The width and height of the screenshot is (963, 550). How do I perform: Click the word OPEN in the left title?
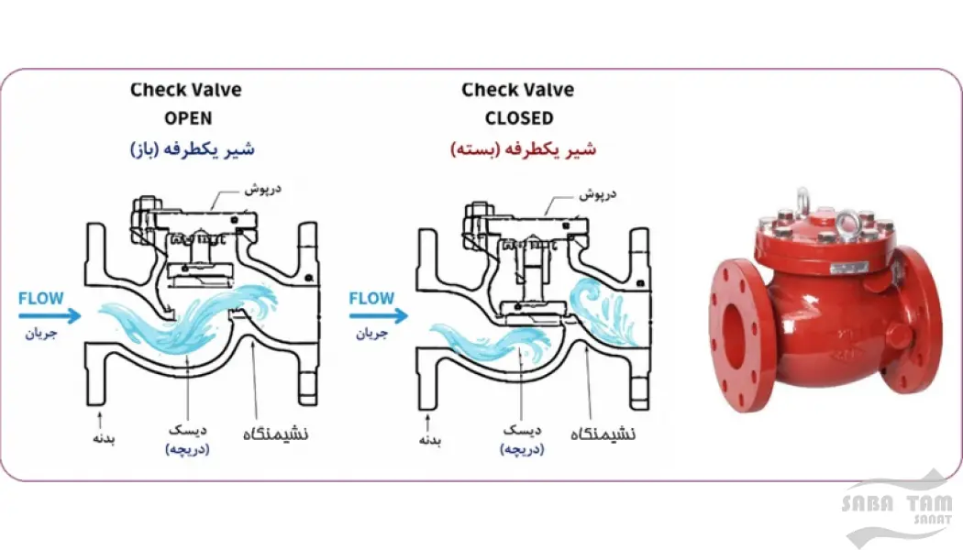[x=188, y=118]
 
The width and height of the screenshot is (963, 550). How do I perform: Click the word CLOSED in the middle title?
[x=519, y=118]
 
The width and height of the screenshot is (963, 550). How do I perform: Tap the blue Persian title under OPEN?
[x=193, y=149]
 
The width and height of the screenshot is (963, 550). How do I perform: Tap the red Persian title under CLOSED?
[x=524, y=149]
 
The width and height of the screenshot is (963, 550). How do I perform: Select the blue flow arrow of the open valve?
[x=50, y=316]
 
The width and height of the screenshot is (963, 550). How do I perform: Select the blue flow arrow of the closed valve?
[x=379, y=316]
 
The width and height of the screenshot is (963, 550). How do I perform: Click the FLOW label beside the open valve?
[x=41, y=298]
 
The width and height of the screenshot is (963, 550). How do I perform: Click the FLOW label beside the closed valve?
[x=371, y=298]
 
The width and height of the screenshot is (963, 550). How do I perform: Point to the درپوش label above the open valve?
[x=263, y=189]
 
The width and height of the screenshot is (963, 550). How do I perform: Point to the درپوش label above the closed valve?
[x=598, y=194]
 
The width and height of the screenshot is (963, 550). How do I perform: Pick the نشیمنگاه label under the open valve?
[x=276, y=434]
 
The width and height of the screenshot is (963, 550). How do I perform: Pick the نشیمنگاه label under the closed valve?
[x=603, y=434]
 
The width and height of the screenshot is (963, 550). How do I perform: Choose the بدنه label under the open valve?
[x=104, y=438]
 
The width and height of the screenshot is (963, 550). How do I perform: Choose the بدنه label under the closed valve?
[x=430, y=439]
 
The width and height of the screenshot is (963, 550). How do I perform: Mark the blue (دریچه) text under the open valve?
[x=187, y=449]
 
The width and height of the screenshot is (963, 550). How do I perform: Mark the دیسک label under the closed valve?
[x=522, y=430]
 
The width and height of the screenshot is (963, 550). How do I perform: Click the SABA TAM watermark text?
[x=897, y=504]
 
